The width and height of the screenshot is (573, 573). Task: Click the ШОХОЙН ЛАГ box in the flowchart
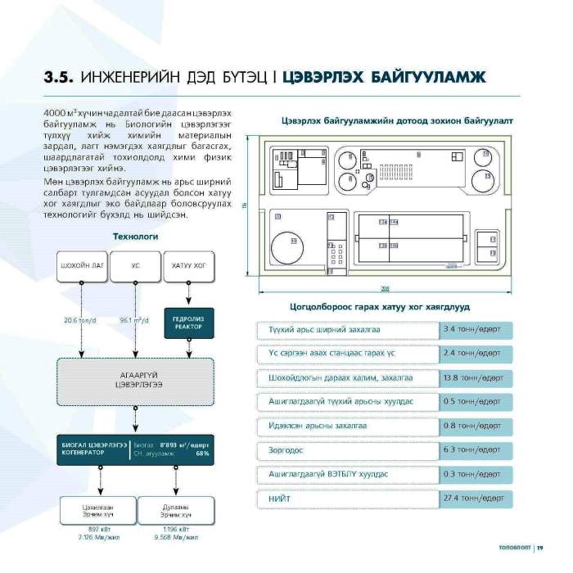[82, 266]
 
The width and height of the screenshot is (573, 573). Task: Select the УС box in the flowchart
[135, 266]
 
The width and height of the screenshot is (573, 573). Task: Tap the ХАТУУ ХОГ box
[188, 266]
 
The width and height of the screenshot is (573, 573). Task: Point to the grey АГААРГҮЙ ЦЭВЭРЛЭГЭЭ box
[135, 381]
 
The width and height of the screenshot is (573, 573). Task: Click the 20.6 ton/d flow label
[79, 320]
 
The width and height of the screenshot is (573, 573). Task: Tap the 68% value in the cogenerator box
[202, 453]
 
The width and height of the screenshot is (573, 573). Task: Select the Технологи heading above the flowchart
[135, 237]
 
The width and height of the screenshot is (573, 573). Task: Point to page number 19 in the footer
[540, 547]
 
